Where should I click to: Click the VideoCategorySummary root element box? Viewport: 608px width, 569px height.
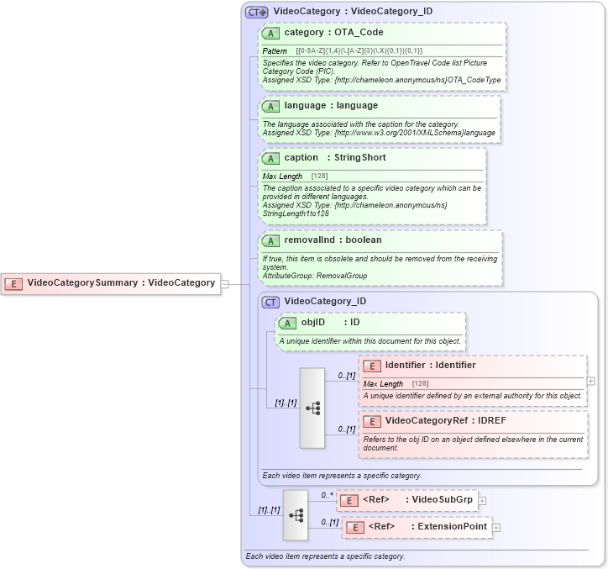[111, 283]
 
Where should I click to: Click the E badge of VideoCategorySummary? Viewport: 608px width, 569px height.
[14, 283]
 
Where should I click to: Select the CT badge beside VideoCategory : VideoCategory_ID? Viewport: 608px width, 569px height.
[257, 13]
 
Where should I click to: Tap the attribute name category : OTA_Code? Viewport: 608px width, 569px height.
[333, 33]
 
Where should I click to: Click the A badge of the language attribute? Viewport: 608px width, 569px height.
[270, 106]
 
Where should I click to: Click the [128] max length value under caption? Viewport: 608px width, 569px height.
[319, 176]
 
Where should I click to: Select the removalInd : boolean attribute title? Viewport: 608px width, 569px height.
[333, 240]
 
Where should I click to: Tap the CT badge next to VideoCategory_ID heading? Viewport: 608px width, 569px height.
[270, 302]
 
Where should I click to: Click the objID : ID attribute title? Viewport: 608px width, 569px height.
[330, 322]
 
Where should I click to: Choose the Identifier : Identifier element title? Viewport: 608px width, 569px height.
[430, 366]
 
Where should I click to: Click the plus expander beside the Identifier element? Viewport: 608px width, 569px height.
[592, 381]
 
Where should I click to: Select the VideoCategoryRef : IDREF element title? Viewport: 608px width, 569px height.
[445, 420]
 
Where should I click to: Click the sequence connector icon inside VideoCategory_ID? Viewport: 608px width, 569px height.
[312, 408]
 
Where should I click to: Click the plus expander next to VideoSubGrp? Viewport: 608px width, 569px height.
[483, 501]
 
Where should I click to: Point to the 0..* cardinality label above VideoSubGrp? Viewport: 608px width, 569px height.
[326, 496]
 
